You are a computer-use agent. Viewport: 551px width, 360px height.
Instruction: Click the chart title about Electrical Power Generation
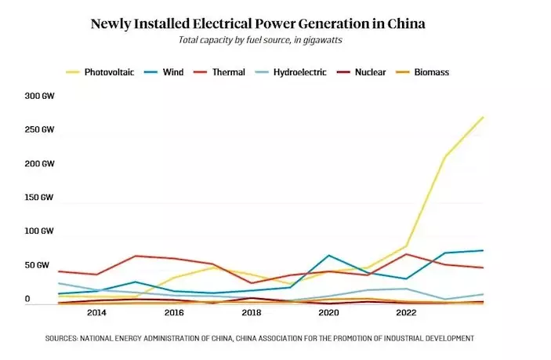258,23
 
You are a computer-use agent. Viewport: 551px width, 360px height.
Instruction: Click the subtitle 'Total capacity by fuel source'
258,38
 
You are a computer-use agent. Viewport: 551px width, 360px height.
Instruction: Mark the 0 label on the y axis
27,299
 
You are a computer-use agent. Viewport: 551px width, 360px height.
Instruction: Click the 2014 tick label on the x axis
97,313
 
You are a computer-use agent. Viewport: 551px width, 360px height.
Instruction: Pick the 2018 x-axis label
252,313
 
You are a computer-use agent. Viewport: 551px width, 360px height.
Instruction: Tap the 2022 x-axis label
406,313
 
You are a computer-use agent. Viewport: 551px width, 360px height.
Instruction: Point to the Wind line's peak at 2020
329,256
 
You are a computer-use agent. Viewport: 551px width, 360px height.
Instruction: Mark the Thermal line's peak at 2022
406,254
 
